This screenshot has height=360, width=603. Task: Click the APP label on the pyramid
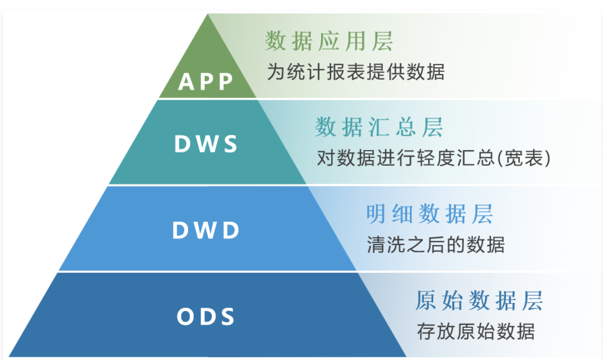206,81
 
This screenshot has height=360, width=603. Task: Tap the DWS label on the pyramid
206,144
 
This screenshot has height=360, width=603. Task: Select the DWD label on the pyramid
206,230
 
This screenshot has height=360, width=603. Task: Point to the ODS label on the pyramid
206,316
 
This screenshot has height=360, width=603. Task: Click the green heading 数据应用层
329,42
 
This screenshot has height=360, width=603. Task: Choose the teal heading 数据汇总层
379,127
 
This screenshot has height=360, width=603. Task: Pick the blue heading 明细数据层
429,214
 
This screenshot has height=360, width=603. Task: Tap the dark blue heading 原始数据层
479,300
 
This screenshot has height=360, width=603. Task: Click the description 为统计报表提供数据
356,72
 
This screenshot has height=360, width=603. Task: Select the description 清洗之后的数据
435,245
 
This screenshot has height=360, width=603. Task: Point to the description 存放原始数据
476,331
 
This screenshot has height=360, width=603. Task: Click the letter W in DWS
207,144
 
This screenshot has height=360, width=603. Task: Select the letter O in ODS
185,316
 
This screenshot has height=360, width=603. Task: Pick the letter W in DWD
206,230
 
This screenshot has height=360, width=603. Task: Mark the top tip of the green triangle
208,15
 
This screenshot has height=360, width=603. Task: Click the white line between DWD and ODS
205,272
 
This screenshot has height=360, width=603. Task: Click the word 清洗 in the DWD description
386,245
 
